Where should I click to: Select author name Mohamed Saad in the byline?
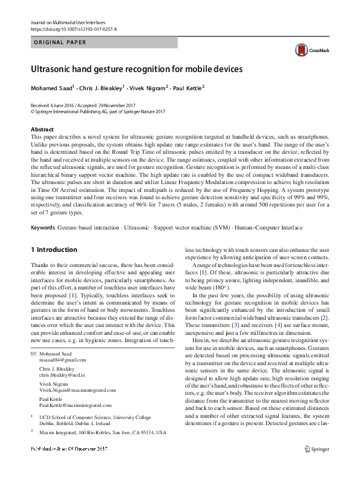[x=51, y=88]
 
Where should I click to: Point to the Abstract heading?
[x=42, y=130]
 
